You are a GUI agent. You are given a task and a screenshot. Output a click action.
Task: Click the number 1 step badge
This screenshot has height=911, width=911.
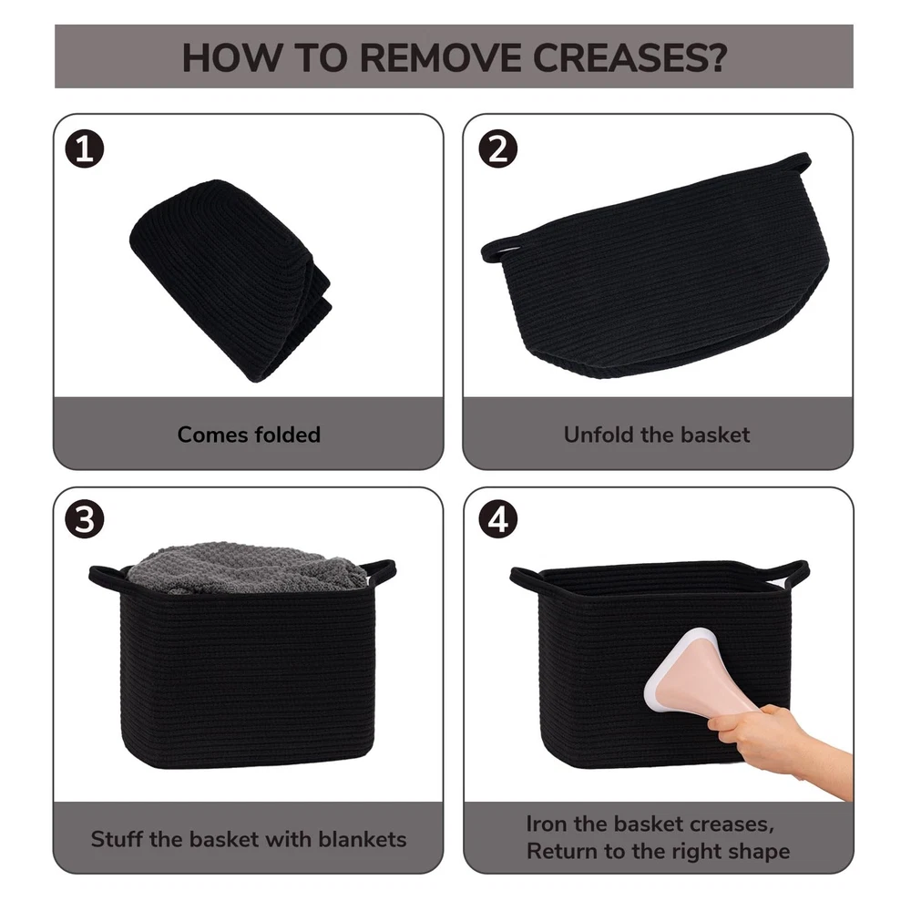(85, 149)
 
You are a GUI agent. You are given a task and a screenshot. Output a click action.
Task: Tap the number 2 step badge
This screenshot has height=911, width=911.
(498, 149)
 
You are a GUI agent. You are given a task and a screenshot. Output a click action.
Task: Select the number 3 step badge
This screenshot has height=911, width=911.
(85, 519)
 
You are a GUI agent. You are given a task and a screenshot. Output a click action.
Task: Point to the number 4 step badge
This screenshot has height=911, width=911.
(498, 519)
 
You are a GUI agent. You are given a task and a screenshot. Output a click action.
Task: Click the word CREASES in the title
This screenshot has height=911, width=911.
(630, 57)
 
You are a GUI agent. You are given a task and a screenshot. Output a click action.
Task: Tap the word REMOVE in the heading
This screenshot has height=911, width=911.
(440, 57)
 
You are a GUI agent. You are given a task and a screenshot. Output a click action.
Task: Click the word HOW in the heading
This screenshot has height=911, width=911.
(231, 57)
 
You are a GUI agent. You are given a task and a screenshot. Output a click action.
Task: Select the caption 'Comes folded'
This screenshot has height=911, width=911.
(249, 435)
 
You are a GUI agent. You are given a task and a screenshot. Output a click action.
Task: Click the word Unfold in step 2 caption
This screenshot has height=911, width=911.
(599, 435)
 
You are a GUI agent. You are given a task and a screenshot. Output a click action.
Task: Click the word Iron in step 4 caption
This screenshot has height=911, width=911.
(548, 824)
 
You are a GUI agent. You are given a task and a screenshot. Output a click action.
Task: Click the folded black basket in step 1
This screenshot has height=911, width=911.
(231, 280)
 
